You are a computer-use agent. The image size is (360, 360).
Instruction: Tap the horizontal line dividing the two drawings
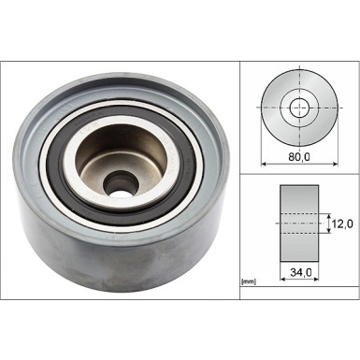299,173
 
